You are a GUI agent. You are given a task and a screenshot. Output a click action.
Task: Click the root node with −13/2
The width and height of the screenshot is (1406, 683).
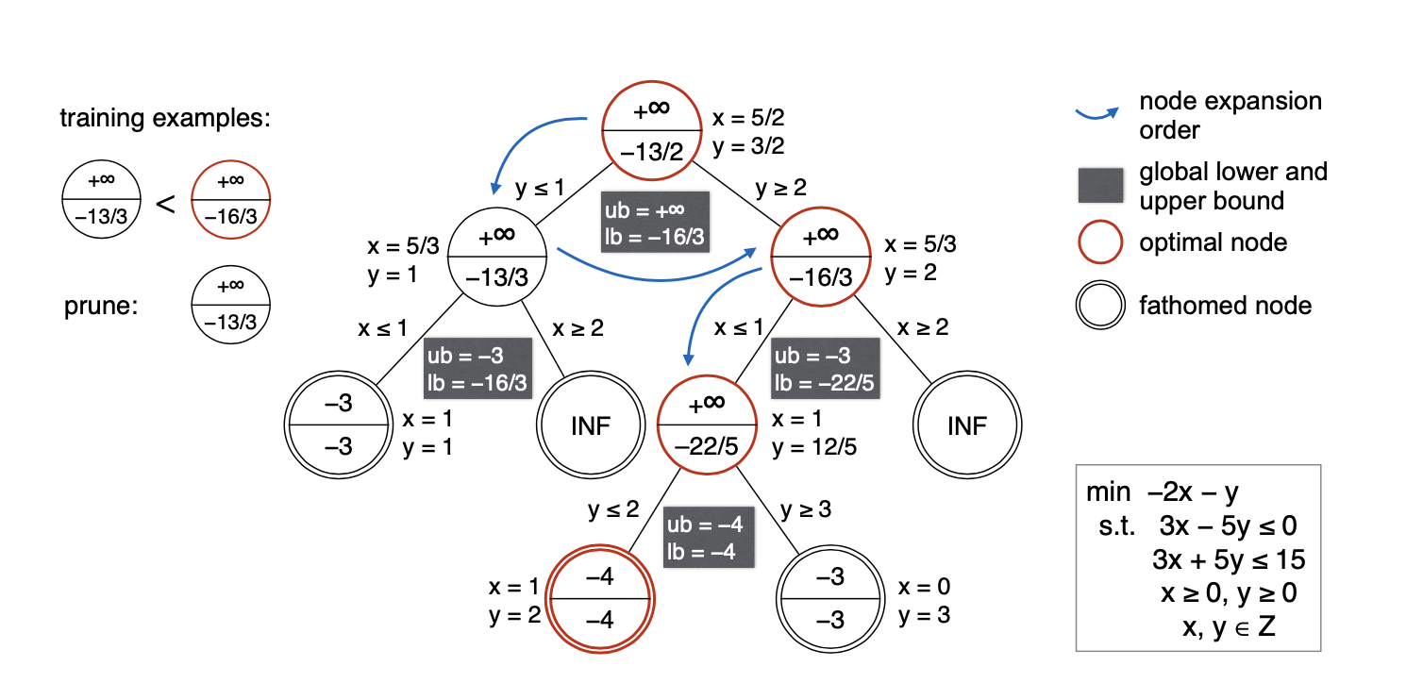(x=651, y=129)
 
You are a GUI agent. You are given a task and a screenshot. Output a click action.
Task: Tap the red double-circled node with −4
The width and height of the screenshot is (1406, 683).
(x=601, y=599)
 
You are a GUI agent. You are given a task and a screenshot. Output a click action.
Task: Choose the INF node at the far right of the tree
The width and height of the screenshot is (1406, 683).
(x=966, y=425)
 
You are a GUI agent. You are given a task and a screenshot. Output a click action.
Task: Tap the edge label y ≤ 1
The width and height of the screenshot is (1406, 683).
(x=540, y=188)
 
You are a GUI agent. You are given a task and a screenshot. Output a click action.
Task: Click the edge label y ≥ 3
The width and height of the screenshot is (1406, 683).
(x=805, y=510)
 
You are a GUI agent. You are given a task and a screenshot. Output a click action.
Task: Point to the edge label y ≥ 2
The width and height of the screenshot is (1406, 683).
(x=781, y=188)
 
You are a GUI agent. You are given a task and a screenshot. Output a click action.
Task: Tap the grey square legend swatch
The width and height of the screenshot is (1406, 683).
(x=1100, y=185)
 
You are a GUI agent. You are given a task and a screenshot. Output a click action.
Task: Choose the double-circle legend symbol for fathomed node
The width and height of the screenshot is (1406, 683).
(x=1100, y=306)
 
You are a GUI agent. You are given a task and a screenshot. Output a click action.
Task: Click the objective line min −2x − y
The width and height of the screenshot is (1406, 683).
(x=1162, y=492)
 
